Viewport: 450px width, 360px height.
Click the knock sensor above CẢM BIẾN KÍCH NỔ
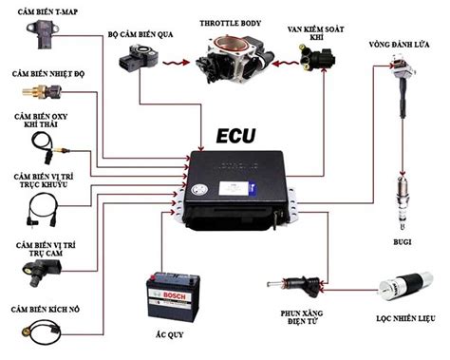click(x=39, y=332)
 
